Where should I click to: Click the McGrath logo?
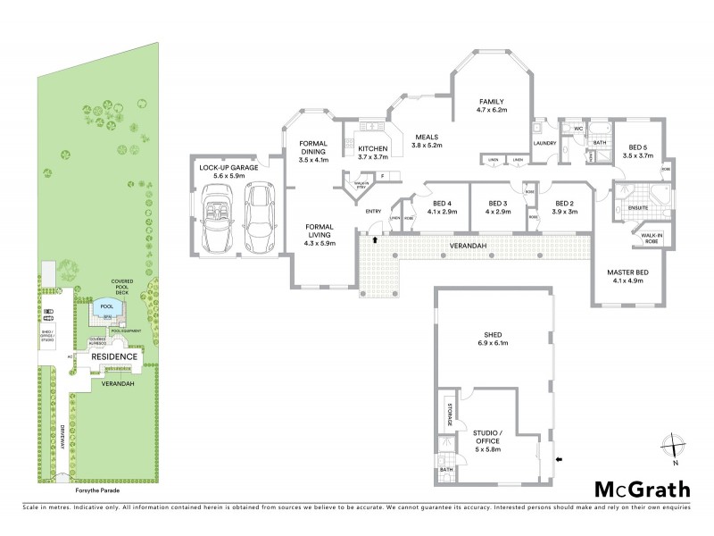pyautogui.click(x=643, y=489)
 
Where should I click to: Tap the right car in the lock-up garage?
pyautogui.click(x=259, y=218)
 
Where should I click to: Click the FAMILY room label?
pyautogui.click(x=492, y=105)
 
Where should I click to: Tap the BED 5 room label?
pyautogui.click(x=636, y=152)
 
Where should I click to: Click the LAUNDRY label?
pyautogui.click(x=544, y=143)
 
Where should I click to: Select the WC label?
pyautogui.click(x=578, y=129)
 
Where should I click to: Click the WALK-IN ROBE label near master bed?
pyautogui.click(x=644, y=239)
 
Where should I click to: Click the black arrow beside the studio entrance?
pyautogui.click(x=559, y=460)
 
